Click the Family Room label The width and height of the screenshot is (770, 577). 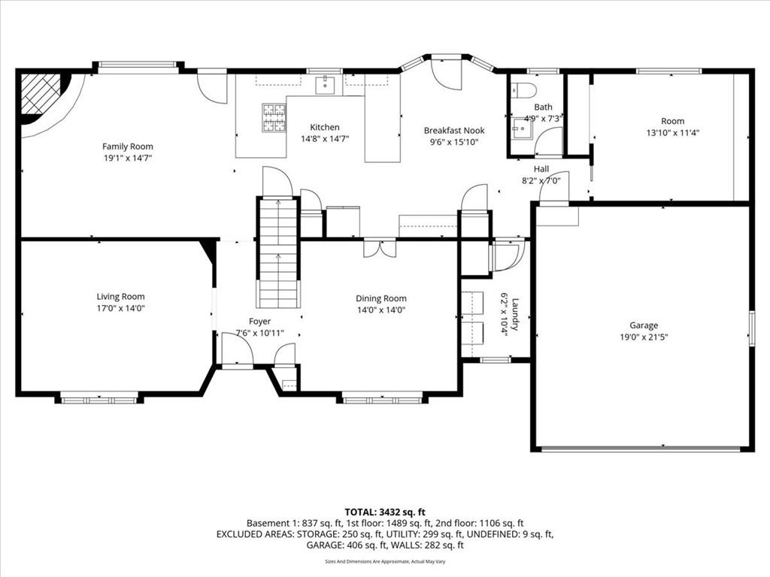pos(128,147)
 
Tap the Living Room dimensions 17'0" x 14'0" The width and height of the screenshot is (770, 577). pos(121,308)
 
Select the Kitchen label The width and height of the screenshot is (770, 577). pos(325,127)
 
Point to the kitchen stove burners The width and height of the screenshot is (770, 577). pos(274,118)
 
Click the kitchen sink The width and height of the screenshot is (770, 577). pos(325,84)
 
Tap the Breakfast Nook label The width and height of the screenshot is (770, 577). pos(454,131)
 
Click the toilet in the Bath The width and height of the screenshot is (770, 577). pos(524,90)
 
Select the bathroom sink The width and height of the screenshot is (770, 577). pos(523,128)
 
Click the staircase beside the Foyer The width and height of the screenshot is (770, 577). pos(278,252)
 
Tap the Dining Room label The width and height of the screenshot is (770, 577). pos(381,298)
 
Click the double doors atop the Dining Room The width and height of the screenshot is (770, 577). pos(380,248)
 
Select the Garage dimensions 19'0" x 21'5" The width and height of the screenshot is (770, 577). pos(644,337)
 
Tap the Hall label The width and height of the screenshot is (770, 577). pos(541,169)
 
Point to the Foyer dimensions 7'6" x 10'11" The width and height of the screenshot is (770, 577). pos(259,333)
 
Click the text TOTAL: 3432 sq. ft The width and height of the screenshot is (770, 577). pos(385,512)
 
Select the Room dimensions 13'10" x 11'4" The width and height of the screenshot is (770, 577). pos(673,132)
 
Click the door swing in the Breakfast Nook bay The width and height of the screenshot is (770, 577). pos(447,74)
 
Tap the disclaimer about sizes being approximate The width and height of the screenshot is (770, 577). pos(385,561)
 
